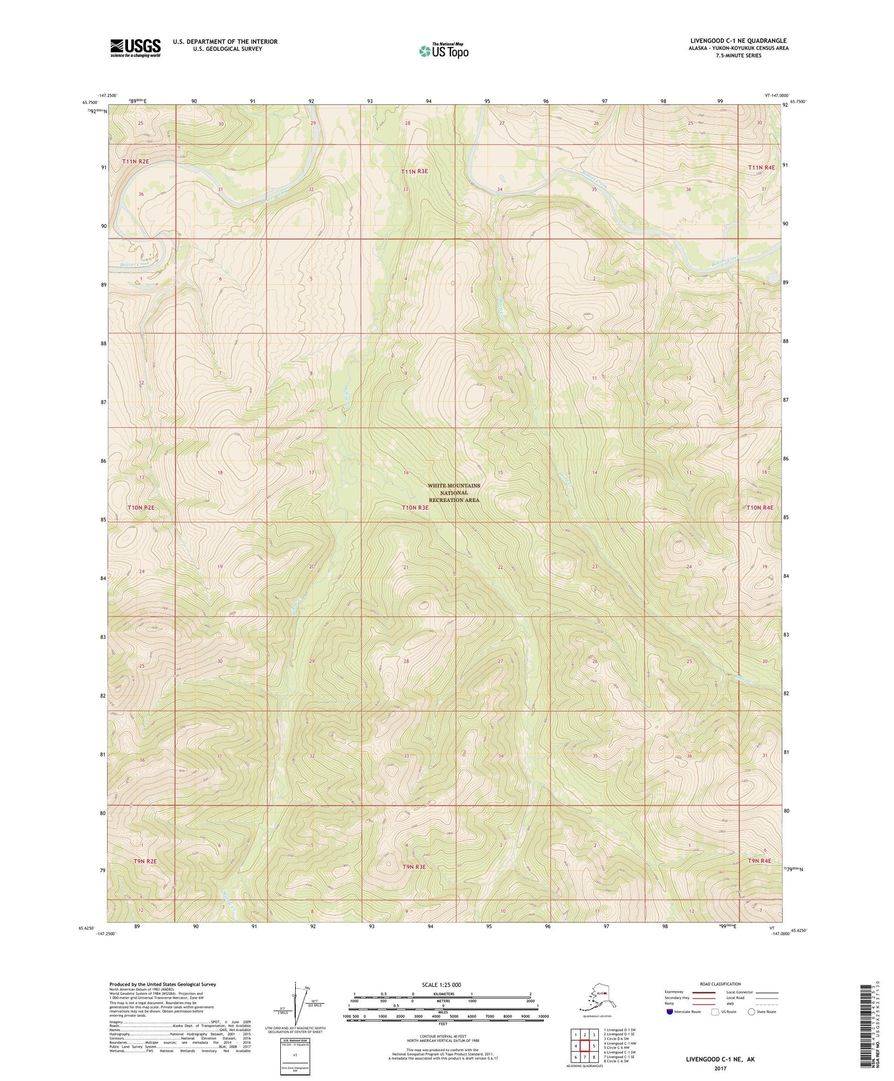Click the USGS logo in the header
point(135,48)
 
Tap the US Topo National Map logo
point(443,50)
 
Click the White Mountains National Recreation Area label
point(453,493)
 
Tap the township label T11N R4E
point(760,167)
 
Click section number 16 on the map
point(406,472)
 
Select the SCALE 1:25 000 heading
point(442,984)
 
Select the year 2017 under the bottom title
point(720,1068)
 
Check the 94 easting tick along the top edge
point(429,100)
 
